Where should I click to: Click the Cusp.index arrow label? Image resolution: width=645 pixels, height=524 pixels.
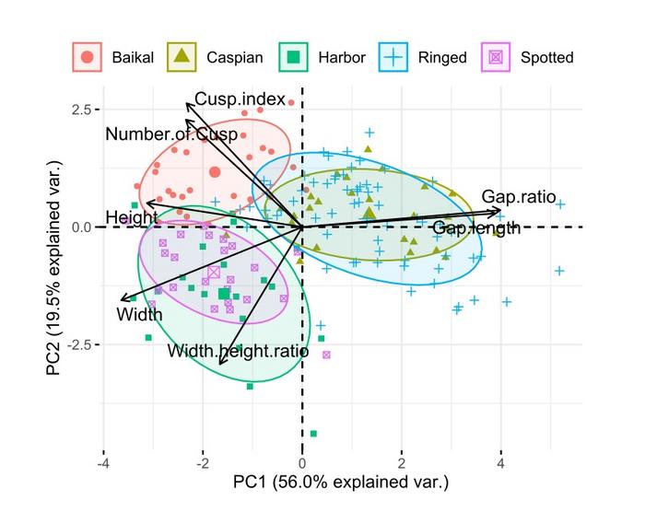(240, 99)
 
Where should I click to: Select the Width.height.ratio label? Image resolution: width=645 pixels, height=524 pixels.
(238, 351)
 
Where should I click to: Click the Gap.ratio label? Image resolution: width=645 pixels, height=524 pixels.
(518, 197)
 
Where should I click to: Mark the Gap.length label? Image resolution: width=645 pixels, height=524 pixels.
(475, 227)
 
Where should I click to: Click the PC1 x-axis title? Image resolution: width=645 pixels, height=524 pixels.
(340, 482)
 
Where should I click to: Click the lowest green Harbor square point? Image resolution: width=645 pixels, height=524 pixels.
(313, 433)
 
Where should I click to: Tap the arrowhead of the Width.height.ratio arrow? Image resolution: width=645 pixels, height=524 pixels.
(221, 364)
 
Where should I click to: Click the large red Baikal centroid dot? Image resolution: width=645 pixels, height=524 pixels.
(215, 171)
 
